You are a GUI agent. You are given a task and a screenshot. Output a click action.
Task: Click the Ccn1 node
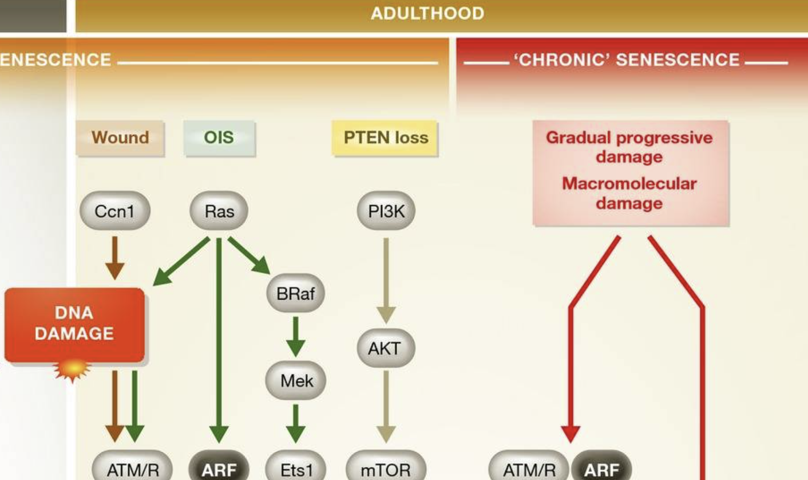114,211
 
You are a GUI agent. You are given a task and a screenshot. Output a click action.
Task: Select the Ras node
219,211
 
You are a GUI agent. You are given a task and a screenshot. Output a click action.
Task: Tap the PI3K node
386,211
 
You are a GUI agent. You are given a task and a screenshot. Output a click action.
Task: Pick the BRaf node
295,294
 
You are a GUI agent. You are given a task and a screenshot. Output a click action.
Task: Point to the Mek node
295,380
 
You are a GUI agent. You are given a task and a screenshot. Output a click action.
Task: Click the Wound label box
120,138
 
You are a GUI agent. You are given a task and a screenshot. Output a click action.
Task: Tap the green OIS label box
219,138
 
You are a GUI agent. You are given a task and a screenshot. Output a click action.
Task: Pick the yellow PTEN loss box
385,138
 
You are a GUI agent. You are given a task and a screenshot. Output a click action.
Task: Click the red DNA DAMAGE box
74,324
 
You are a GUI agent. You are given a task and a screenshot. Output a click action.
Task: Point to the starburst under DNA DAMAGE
72,370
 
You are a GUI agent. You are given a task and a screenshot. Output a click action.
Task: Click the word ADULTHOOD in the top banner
427,13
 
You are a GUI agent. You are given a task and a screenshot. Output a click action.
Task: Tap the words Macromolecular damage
629,193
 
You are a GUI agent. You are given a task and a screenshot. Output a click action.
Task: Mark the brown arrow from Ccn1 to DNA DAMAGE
114,257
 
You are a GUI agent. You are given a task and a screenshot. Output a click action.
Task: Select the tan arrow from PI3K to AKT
386,280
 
